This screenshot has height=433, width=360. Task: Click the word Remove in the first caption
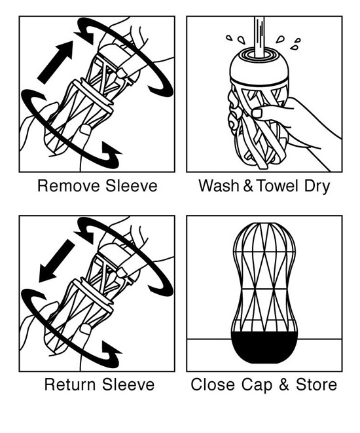tap(69, 185)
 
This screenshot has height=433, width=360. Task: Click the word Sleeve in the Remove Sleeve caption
tap(132, 185)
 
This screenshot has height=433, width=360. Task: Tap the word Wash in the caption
tap(219, 185)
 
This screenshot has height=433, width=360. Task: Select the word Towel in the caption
tap(278, 185)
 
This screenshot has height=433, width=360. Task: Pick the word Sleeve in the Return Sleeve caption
tap(128, 385)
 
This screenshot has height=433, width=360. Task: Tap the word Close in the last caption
tap(213, 385)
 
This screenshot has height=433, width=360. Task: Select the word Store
tap(316, 385)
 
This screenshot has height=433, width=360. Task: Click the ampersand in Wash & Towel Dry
tap(248, 186)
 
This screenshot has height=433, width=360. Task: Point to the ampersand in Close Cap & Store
tap(284, 385)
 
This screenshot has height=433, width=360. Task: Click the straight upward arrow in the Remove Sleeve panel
tap(55, 62)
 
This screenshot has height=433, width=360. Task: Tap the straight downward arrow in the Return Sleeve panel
tap(57, 261)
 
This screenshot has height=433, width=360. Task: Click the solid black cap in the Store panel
tap(264, 347)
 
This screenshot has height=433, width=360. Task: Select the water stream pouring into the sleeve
tap(259, 37)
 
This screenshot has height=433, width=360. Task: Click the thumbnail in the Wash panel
tap(257, 113)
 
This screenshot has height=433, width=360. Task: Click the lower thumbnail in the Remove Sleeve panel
tap(86, 129)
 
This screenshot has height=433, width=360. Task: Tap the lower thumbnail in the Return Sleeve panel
tap(86, 328)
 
